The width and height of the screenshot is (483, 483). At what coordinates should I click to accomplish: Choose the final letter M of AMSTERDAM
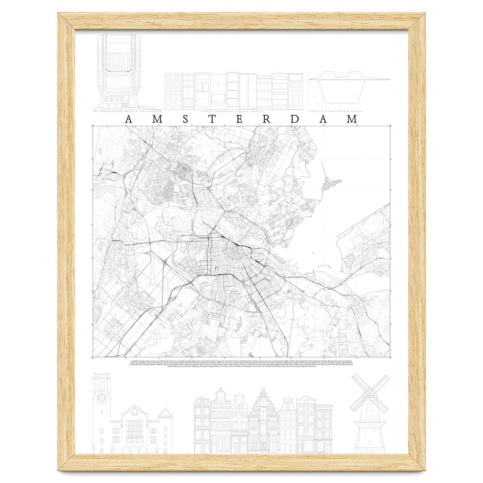coord(352,120)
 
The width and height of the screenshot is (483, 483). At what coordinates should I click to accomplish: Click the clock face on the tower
coord(101,398)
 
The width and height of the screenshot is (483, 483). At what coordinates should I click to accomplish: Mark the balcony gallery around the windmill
coord(369,422)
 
